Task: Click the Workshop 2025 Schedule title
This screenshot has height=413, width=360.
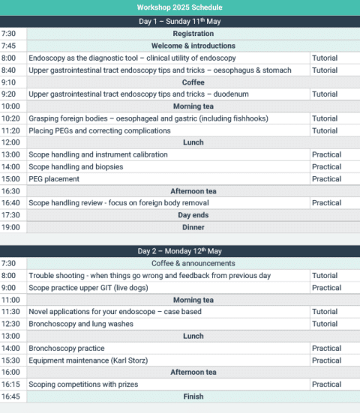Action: (179, 7)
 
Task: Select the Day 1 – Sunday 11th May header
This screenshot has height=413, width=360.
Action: (179, 21)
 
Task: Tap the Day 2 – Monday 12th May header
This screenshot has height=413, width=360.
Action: (179, 251)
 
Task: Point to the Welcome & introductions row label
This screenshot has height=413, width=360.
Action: (193, 46)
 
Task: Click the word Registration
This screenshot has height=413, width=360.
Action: (193, 34)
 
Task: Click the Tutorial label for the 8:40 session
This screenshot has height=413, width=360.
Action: (325, 70)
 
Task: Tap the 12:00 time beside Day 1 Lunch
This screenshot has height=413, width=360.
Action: (10, 142)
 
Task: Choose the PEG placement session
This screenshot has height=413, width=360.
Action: (55, 178)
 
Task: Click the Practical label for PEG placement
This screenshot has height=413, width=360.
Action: (326, 178)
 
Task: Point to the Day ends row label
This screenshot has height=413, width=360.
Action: (193, 215)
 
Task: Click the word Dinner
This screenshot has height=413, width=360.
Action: (193, 227)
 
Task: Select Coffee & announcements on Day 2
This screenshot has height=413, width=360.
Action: (193, 263)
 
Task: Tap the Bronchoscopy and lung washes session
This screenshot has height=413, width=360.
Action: (81, 324)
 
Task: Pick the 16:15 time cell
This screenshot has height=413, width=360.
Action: (10, 385)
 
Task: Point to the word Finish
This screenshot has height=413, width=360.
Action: (193, 397)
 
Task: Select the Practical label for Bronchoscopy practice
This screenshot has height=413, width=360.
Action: (326, 348)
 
